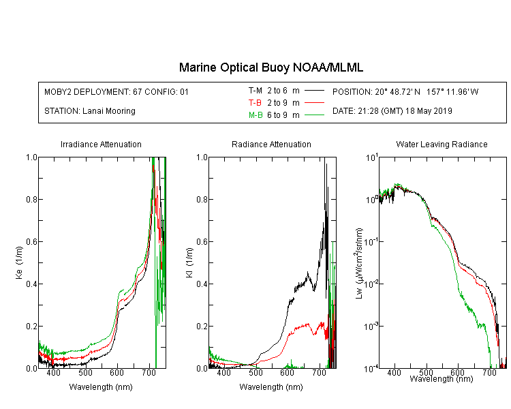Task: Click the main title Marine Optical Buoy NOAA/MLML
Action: (x=270, y=67)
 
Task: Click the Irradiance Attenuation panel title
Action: (x=101, y=144)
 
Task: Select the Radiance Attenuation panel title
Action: (x=271, y=144)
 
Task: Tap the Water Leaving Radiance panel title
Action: (x=442, y=144)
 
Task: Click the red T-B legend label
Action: (x=255, y=103)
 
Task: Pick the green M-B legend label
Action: (x=255, y=115)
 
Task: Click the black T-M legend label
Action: (x=255, y=91)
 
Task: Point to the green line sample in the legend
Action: (x=314, y=115)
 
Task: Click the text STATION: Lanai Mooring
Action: (x=90, y=111)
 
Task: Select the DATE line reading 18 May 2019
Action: (x=392, y=111)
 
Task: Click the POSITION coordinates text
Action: (x=405, y=91)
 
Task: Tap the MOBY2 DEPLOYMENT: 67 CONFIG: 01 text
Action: (x=117, y=91)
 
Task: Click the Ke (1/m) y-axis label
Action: (x=19, y=263)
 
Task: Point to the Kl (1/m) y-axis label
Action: (x=189, y=263)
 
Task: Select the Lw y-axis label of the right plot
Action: (x=358, y=263)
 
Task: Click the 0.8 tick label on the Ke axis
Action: (x=31, y=199)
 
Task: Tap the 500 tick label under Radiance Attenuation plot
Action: (x=255, y=372)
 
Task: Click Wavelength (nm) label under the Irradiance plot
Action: (x=101, y=387)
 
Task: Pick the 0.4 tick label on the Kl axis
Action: (x=202, y=284)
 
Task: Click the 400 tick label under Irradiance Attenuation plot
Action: (x=53, y=372)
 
